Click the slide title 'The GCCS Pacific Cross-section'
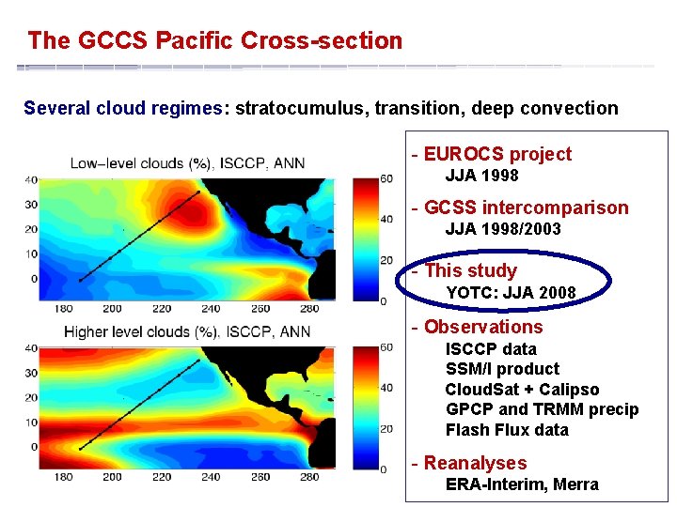pos(214,41)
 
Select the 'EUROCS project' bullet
pos(496,154)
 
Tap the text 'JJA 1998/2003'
pos(502,229)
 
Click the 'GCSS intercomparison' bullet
pos(526,207)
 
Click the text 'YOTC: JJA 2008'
pos(510,293)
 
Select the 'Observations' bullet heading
pos(482,327)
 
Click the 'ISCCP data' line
pos(491,349)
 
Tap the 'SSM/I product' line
pos(501,369)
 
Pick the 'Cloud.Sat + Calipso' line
pos(522,390)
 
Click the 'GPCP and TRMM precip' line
pos(542,409)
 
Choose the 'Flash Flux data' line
pos(507,430)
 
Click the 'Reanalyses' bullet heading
pos(475,463)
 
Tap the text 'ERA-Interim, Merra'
pos(521,484)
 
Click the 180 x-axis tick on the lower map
pos(63,477)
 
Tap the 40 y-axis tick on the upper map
pos(31,179)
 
